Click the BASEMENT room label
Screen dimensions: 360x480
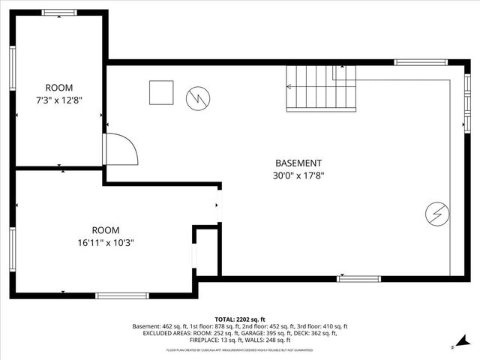click(x=298, y=163)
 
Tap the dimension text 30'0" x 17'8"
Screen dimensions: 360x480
click(x=298, y=176)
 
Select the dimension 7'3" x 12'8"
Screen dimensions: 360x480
click(x=59, y=100)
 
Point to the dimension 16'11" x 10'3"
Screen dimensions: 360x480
click(x=106, y=243)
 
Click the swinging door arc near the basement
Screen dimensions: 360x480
click(x=121, y=148)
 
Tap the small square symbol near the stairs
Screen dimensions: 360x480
click(x=160, y=93)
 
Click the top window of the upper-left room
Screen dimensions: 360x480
click(x=58, y=13)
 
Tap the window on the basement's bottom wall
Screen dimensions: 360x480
click(x=358, y=278)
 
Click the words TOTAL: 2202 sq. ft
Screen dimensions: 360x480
click(x=240, y=319)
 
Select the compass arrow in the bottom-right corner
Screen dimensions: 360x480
click(x=454, y=346)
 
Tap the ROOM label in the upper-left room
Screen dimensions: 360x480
click(x=59, y=88)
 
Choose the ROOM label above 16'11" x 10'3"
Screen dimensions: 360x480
click(x=106, y=230)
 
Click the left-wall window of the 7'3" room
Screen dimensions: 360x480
click(x=13, y=68)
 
